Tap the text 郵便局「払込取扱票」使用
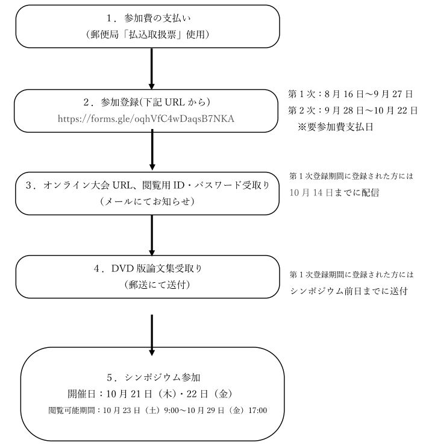[148, 34]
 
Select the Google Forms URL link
[146, 119]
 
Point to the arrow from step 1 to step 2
[152, 69]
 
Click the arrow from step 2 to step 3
[152, 150]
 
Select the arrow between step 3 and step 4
[152, 235]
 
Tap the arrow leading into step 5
[152, 335]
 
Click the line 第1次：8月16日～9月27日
[350, 94]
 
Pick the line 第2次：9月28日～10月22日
[353, 110]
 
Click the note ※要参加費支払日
[336, 127]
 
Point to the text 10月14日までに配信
[334, 192]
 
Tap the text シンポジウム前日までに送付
[349, 291]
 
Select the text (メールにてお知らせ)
[148, 202]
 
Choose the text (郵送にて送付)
[157, 285]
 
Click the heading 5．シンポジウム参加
[153, 377]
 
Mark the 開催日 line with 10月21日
[151, 394]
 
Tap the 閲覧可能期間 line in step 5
[158, 410]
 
